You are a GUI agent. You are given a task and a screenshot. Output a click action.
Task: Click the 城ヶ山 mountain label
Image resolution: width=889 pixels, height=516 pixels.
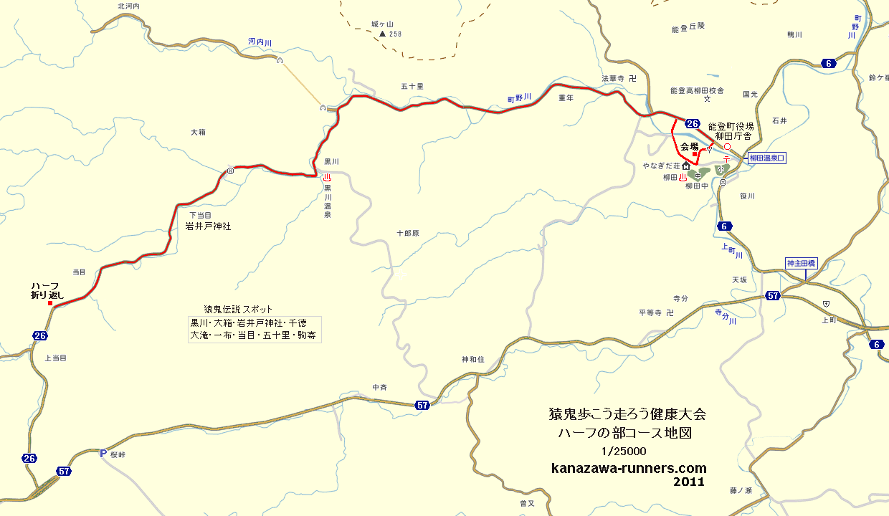(x=383, y=24)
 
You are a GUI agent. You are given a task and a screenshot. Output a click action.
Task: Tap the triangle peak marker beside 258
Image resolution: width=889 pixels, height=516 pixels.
(x=382, y=34)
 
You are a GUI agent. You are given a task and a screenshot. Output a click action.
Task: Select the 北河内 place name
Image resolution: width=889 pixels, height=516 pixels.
(x=130, y=6)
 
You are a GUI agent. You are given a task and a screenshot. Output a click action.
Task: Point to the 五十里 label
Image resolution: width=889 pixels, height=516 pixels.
(x=412, y=87)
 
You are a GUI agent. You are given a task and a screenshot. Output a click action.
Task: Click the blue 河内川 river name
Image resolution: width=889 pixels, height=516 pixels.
(x=260, y=42)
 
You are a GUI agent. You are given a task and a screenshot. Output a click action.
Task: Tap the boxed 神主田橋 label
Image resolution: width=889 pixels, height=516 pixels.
(x=802, y=262)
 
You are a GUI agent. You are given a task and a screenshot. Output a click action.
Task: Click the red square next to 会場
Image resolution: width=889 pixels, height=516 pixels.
(x=695, y=154)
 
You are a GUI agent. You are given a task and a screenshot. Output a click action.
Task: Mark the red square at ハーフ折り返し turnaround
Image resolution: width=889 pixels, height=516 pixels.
(x=49, y=303)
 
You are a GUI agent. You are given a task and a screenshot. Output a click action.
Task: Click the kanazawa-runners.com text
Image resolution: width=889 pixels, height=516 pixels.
(x=629, y=468)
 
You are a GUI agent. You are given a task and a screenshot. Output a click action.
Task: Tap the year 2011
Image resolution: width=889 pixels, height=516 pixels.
(x=689, y=482)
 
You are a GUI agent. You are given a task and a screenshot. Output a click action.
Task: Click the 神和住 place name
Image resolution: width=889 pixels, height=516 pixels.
(x=473, y=358)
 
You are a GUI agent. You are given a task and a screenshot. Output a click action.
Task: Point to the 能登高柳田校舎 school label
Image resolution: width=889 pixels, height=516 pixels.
(x=697, y=91)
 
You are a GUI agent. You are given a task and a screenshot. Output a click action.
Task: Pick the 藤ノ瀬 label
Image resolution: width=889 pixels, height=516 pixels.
(x=741, y=491)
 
